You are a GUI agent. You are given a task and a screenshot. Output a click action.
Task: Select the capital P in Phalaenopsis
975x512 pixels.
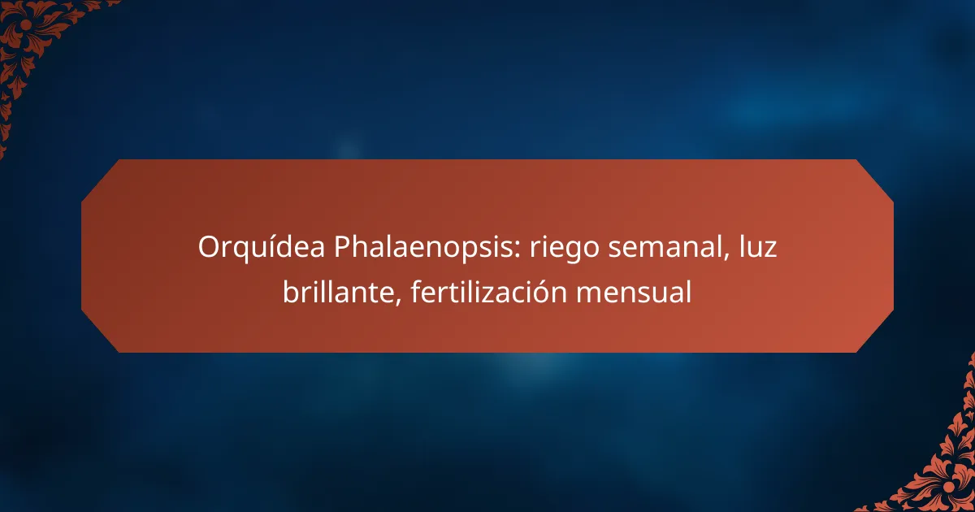point(342,247)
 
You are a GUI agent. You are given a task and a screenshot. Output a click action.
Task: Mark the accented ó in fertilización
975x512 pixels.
point(542,291)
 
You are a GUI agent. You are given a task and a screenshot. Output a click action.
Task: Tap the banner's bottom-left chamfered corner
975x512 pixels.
point(99,335)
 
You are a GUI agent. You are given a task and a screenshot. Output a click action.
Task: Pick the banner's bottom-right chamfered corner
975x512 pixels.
point(876,335)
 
